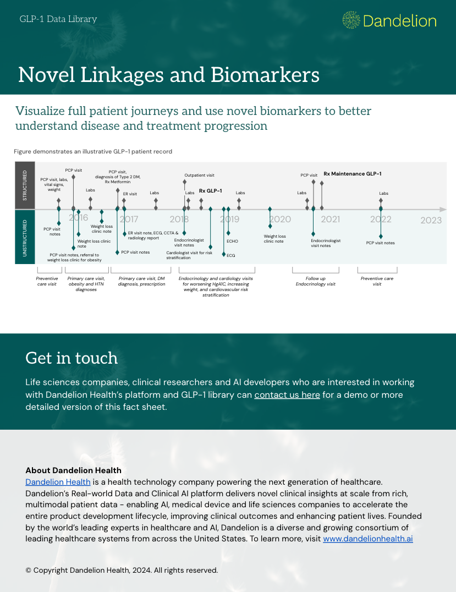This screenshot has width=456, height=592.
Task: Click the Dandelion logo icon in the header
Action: coord(351,20)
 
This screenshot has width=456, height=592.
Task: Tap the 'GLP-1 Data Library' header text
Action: coord(58,19)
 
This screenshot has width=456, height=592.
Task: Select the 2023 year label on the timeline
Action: coord(431,220)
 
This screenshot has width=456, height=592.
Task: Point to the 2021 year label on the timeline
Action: coord(330,219)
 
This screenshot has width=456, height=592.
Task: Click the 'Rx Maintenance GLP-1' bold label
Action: coord(353,174)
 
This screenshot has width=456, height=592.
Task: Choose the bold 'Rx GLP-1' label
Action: coord(210,191)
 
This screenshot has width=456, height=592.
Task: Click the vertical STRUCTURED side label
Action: coord(25,185)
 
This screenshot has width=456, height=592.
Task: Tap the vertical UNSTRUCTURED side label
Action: coord(25,238)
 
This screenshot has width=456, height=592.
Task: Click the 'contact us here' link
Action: coord(287,394)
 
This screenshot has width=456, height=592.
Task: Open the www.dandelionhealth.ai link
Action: coord(367,539)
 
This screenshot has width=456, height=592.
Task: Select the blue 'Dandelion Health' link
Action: coord(58,482)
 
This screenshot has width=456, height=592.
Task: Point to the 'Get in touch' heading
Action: coord(72,358)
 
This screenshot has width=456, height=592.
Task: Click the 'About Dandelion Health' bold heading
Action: coord(73,470)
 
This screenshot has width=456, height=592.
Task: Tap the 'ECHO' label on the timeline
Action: coord(232,241)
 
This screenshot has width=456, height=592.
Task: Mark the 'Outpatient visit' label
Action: coord(199,175)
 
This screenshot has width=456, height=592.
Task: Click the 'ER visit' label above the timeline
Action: coord(130,194)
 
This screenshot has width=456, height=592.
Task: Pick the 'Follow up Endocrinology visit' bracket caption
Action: coord(316,281)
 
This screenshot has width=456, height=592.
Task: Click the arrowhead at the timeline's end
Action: coord(443,209)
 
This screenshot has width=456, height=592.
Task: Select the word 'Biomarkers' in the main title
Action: coord(265,74)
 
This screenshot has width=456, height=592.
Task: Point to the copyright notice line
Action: coord(122,570)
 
